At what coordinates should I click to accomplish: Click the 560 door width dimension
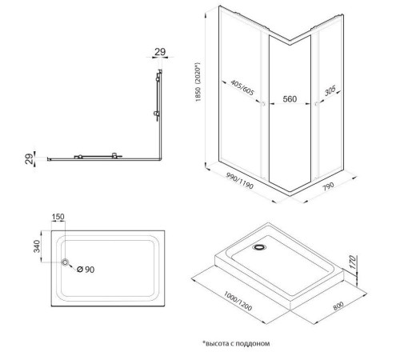(x=290, y=99)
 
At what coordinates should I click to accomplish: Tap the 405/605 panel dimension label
(x=242, y=87)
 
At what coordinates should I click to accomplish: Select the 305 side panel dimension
(x=330, y=90)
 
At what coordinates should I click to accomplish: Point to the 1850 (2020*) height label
(x=198, y=82)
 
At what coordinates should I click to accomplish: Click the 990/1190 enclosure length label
(x=239, y=181)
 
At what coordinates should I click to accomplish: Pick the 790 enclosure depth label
(x=328, y=186)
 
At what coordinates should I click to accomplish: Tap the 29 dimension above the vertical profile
(x=160, y=52)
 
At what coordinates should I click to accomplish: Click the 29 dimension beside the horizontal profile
(x=30, y=158)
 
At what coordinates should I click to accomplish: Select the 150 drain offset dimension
(x=58, y=217)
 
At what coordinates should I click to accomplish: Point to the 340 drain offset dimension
(x=37, y=246)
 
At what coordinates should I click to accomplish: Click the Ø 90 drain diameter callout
(x=86, y=270)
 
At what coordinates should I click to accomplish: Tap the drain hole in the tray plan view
(x=66, y=262)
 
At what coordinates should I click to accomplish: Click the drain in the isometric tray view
(x=258, y=247)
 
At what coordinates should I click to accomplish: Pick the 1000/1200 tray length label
(x=238, y=301)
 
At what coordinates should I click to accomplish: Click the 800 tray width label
(x=338, y=306)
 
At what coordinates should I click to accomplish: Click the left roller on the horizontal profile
(x=79, y=157)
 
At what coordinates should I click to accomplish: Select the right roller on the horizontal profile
(x=114, y=156)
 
